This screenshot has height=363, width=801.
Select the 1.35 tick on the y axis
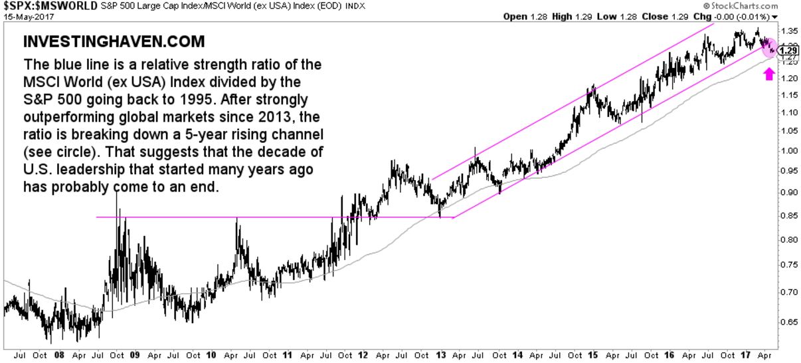point(789,31)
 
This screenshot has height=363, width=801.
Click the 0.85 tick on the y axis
point(789,215)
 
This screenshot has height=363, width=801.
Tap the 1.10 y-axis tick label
point(789,112)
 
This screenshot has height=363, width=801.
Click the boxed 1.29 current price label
point(788,49)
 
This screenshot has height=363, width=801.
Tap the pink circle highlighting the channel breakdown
point(768,47)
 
